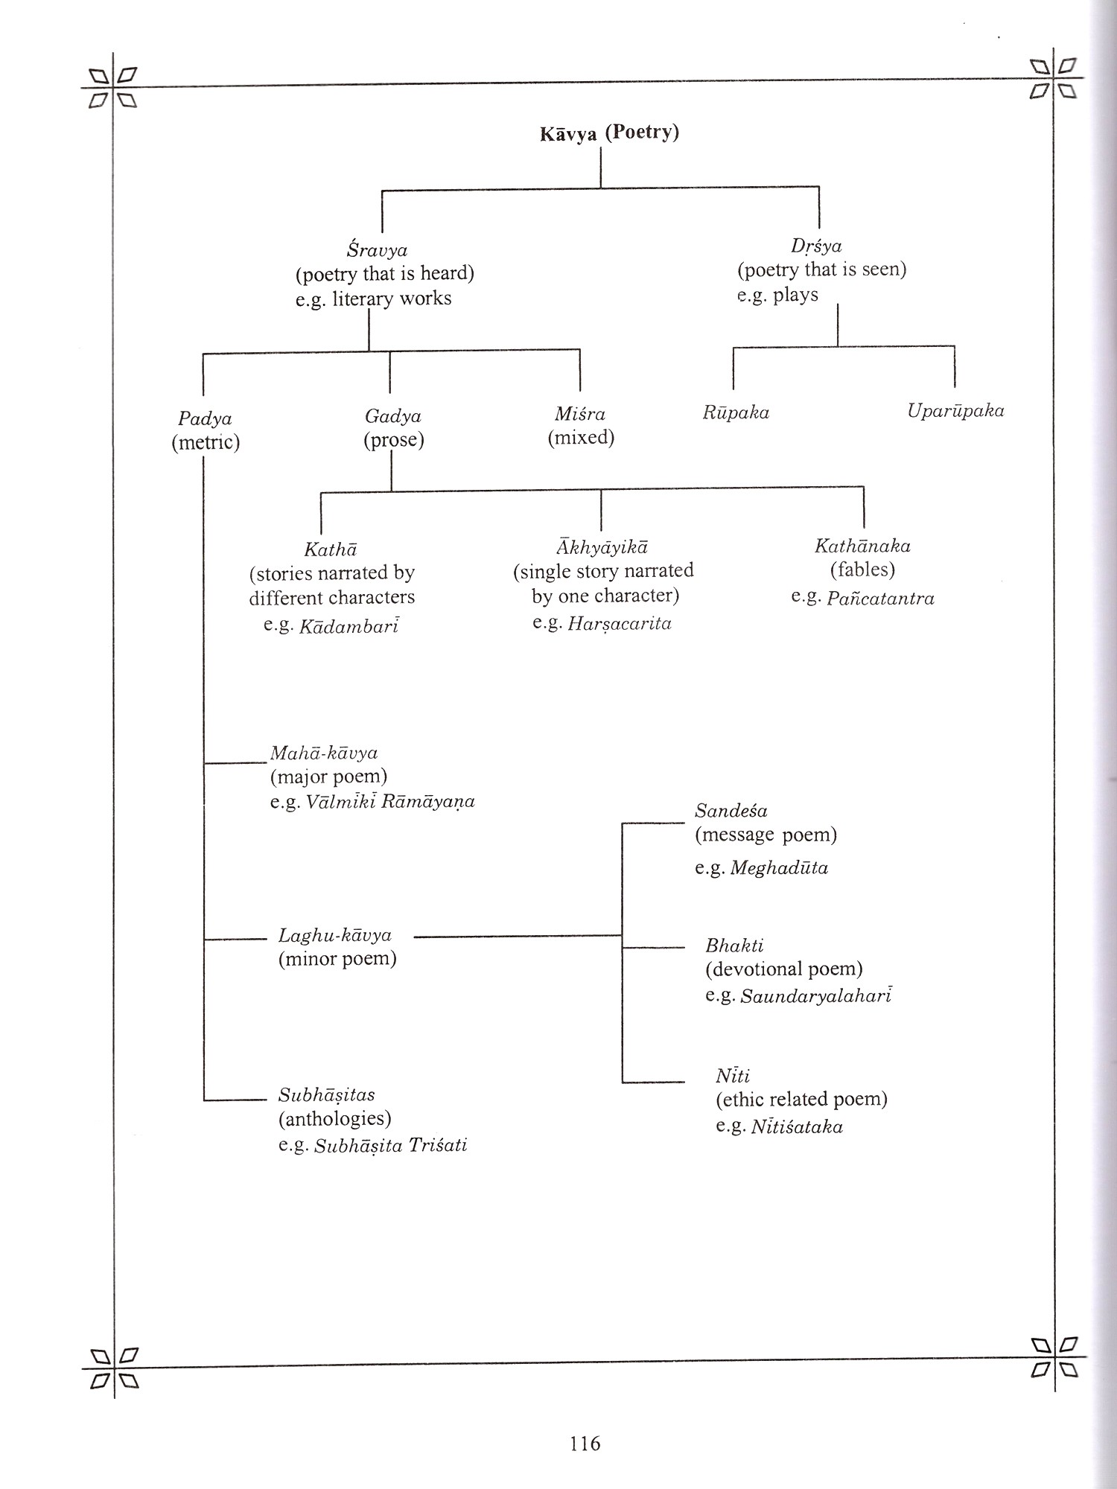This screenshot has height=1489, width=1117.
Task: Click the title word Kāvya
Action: pos(568,135)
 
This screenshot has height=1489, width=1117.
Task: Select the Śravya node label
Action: pos(377,250)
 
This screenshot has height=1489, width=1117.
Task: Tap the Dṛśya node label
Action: pos(816,246)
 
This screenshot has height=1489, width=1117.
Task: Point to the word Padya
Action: pos(205,419)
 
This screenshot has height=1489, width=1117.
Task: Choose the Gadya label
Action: pos(392,416)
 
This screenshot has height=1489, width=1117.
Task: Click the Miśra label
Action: pos(580,414)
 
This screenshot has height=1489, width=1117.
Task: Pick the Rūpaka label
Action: pos(736,412)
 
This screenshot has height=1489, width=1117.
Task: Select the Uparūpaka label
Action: pos(955,410)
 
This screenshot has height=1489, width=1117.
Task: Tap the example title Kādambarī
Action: pos(349,625)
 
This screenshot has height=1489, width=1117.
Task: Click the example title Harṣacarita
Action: pos(620,623)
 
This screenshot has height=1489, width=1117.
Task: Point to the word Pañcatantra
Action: pos(880,599)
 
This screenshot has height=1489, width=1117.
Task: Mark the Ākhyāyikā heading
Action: pos(602,547)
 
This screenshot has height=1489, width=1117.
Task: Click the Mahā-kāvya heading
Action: pos(324,753)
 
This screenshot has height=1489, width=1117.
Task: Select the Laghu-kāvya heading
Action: pos(334,935)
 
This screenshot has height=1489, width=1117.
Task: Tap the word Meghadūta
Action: pos(779,868)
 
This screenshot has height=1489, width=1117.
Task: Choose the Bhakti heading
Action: pos(734,946)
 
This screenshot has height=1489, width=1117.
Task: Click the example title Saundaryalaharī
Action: pos(816,996)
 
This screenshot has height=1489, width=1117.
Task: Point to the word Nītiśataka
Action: pos(796,1126)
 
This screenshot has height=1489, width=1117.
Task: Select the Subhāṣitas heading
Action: pos(326,1095)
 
